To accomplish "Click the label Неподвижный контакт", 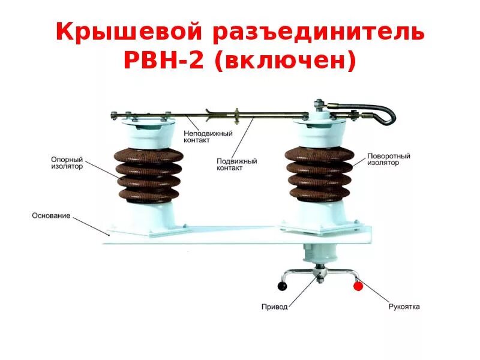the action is pos(208,137).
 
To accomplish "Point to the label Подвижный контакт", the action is pos(236,165).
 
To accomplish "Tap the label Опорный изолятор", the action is pos(67,163).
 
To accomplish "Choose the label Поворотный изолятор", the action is pos(389,159).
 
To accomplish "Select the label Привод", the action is pos(275,307).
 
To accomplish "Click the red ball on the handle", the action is pos(358,286).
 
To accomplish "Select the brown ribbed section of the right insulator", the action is pos(319,173).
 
